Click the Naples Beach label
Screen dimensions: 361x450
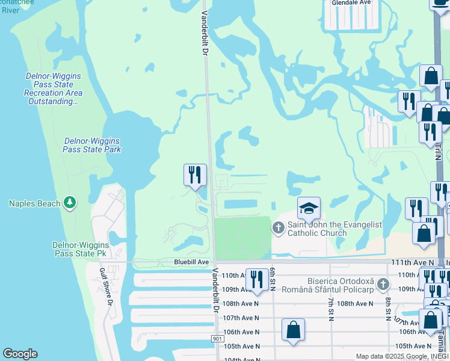click(35, 203)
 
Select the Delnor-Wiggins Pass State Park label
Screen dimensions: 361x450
click(92, 145)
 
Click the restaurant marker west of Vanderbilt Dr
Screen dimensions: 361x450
click(195, 175)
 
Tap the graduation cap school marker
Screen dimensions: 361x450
click(309, 208)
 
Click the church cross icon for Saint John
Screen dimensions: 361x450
click(278, 227)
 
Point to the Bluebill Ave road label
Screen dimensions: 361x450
click(191, 262)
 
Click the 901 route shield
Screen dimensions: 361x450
click(218, 339)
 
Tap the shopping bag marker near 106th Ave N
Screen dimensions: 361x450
click(293, 330)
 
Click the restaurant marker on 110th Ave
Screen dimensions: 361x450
click(257, 279)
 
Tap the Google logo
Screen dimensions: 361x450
click(20, 354)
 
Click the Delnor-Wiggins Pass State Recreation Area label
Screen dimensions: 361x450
click(53, 89)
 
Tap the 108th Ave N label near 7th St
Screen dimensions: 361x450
click(356, 304)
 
